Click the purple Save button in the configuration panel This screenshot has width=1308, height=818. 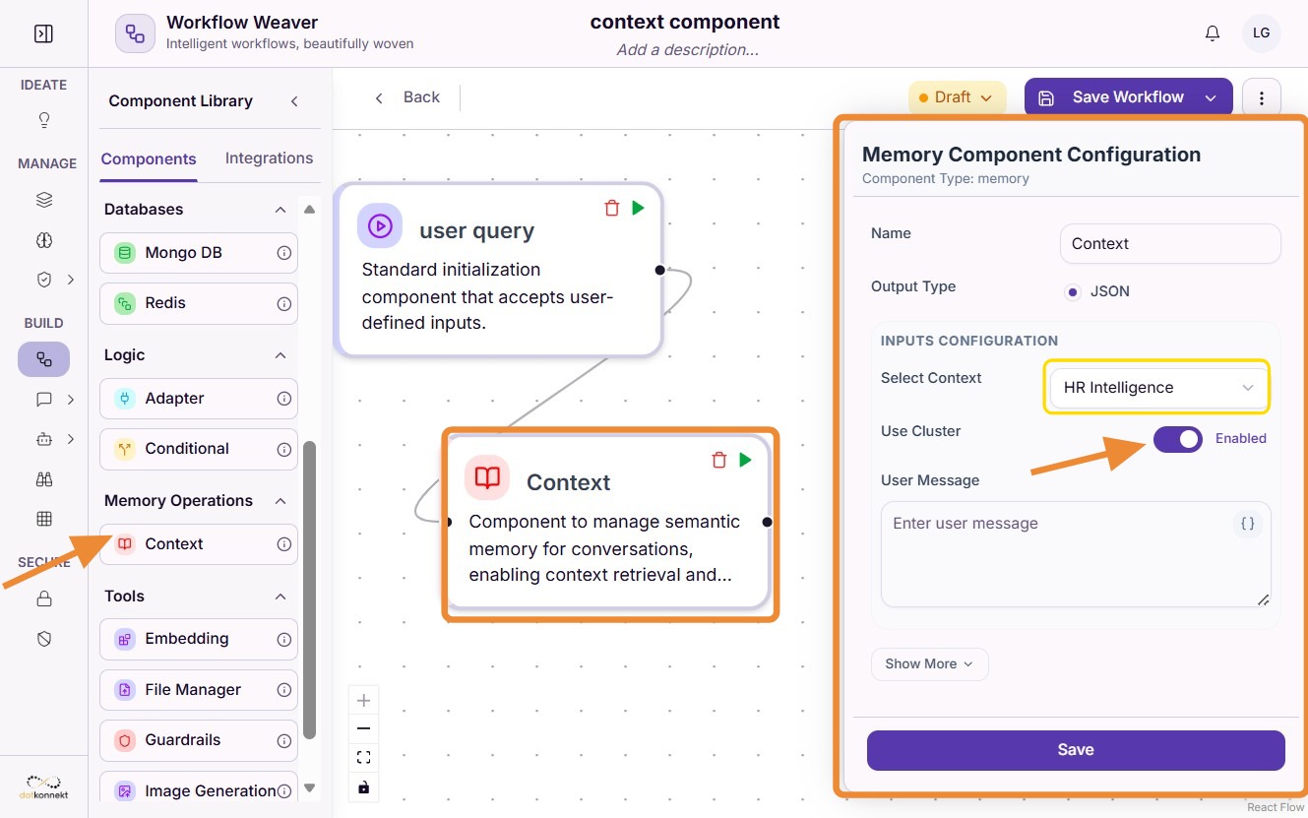[x=1075, y=750]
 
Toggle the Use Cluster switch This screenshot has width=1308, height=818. [x=1177, y=439]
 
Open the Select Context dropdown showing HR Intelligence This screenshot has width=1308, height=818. [x=1156, y=387]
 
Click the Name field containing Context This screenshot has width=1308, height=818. [x=1170, y=243]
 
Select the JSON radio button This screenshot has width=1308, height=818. [x=1072, y=291]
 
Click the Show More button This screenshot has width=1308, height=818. [x=929, y=663]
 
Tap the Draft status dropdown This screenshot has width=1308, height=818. [x=956, y=96]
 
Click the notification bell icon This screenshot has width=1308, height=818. [x=1213, y=33]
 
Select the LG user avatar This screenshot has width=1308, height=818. [x=1261, y=33]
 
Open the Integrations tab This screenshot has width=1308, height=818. [x=269, y=158]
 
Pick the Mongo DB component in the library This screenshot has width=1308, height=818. [x=199, y=253]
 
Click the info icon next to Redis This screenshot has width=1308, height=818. [x=283, y=303]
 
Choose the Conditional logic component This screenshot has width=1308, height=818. [x=199, y=449]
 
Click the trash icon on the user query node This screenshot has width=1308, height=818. [x=611, y=208]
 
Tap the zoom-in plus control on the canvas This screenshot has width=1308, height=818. [x=363, y=701]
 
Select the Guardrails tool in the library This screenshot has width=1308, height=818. [x=199, y=740]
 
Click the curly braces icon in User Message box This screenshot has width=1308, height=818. [x=1247, y=523]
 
